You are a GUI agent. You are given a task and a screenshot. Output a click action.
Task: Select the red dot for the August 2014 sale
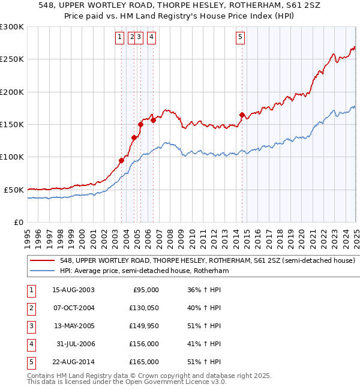(242, 115)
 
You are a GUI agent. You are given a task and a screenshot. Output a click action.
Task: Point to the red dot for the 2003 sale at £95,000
(121, 160)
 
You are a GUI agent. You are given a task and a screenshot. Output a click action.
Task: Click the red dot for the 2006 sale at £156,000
(154, 120)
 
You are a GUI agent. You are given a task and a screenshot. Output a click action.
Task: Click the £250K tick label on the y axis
(12, 59)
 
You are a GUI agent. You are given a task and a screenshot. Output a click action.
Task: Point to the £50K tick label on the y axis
(14, 190)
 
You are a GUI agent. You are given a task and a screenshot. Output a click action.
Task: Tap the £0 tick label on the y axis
(19, 222)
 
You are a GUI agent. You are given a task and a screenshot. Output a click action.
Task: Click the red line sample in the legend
(42, 261)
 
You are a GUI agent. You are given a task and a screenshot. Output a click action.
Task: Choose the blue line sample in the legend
(42, 271)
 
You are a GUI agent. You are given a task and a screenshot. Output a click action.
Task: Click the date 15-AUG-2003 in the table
(73, 290)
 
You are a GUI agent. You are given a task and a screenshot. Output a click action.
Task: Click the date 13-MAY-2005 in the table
(73, 326)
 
